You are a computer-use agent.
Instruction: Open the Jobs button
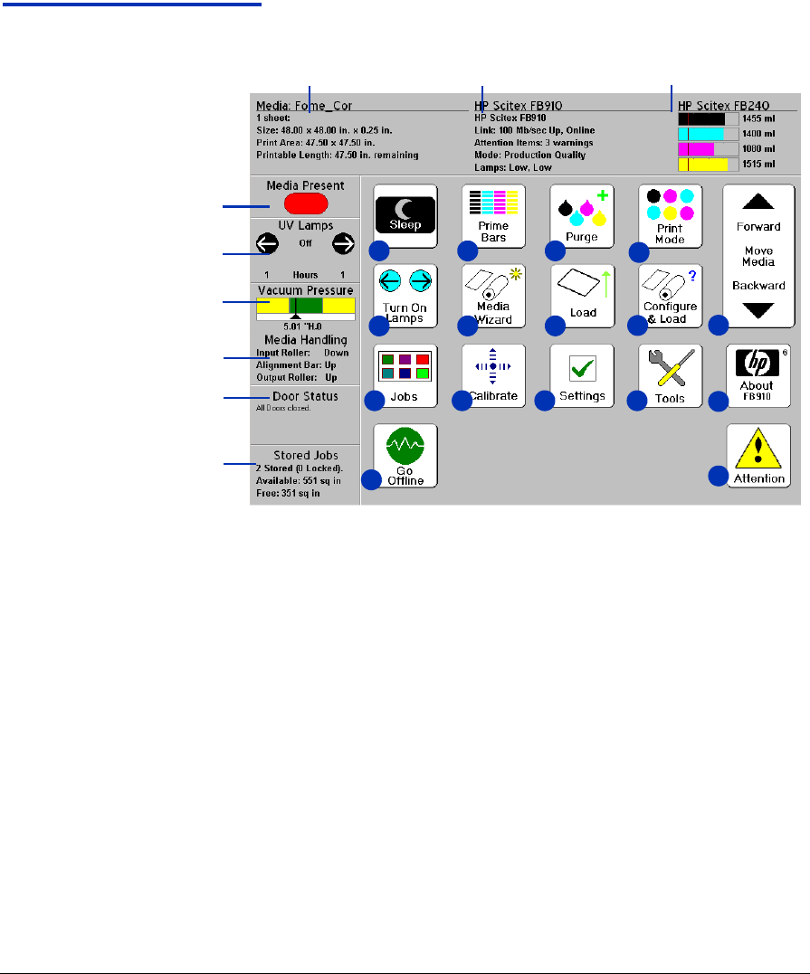tap(405, 375)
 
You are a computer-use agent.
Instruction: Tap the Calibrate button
tap(493, 375)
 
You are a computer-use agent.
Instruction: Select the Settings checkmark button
tap(582, 375)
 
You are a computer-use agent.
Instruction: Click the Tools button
tap(670, 375)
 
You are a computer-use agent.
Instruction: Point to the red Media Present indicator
tap(305, 203)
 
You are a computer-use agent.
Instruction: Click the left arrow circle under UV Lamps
tap(267, 243)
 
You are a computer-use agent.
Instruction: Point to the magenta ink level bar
tap(696, 148)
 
